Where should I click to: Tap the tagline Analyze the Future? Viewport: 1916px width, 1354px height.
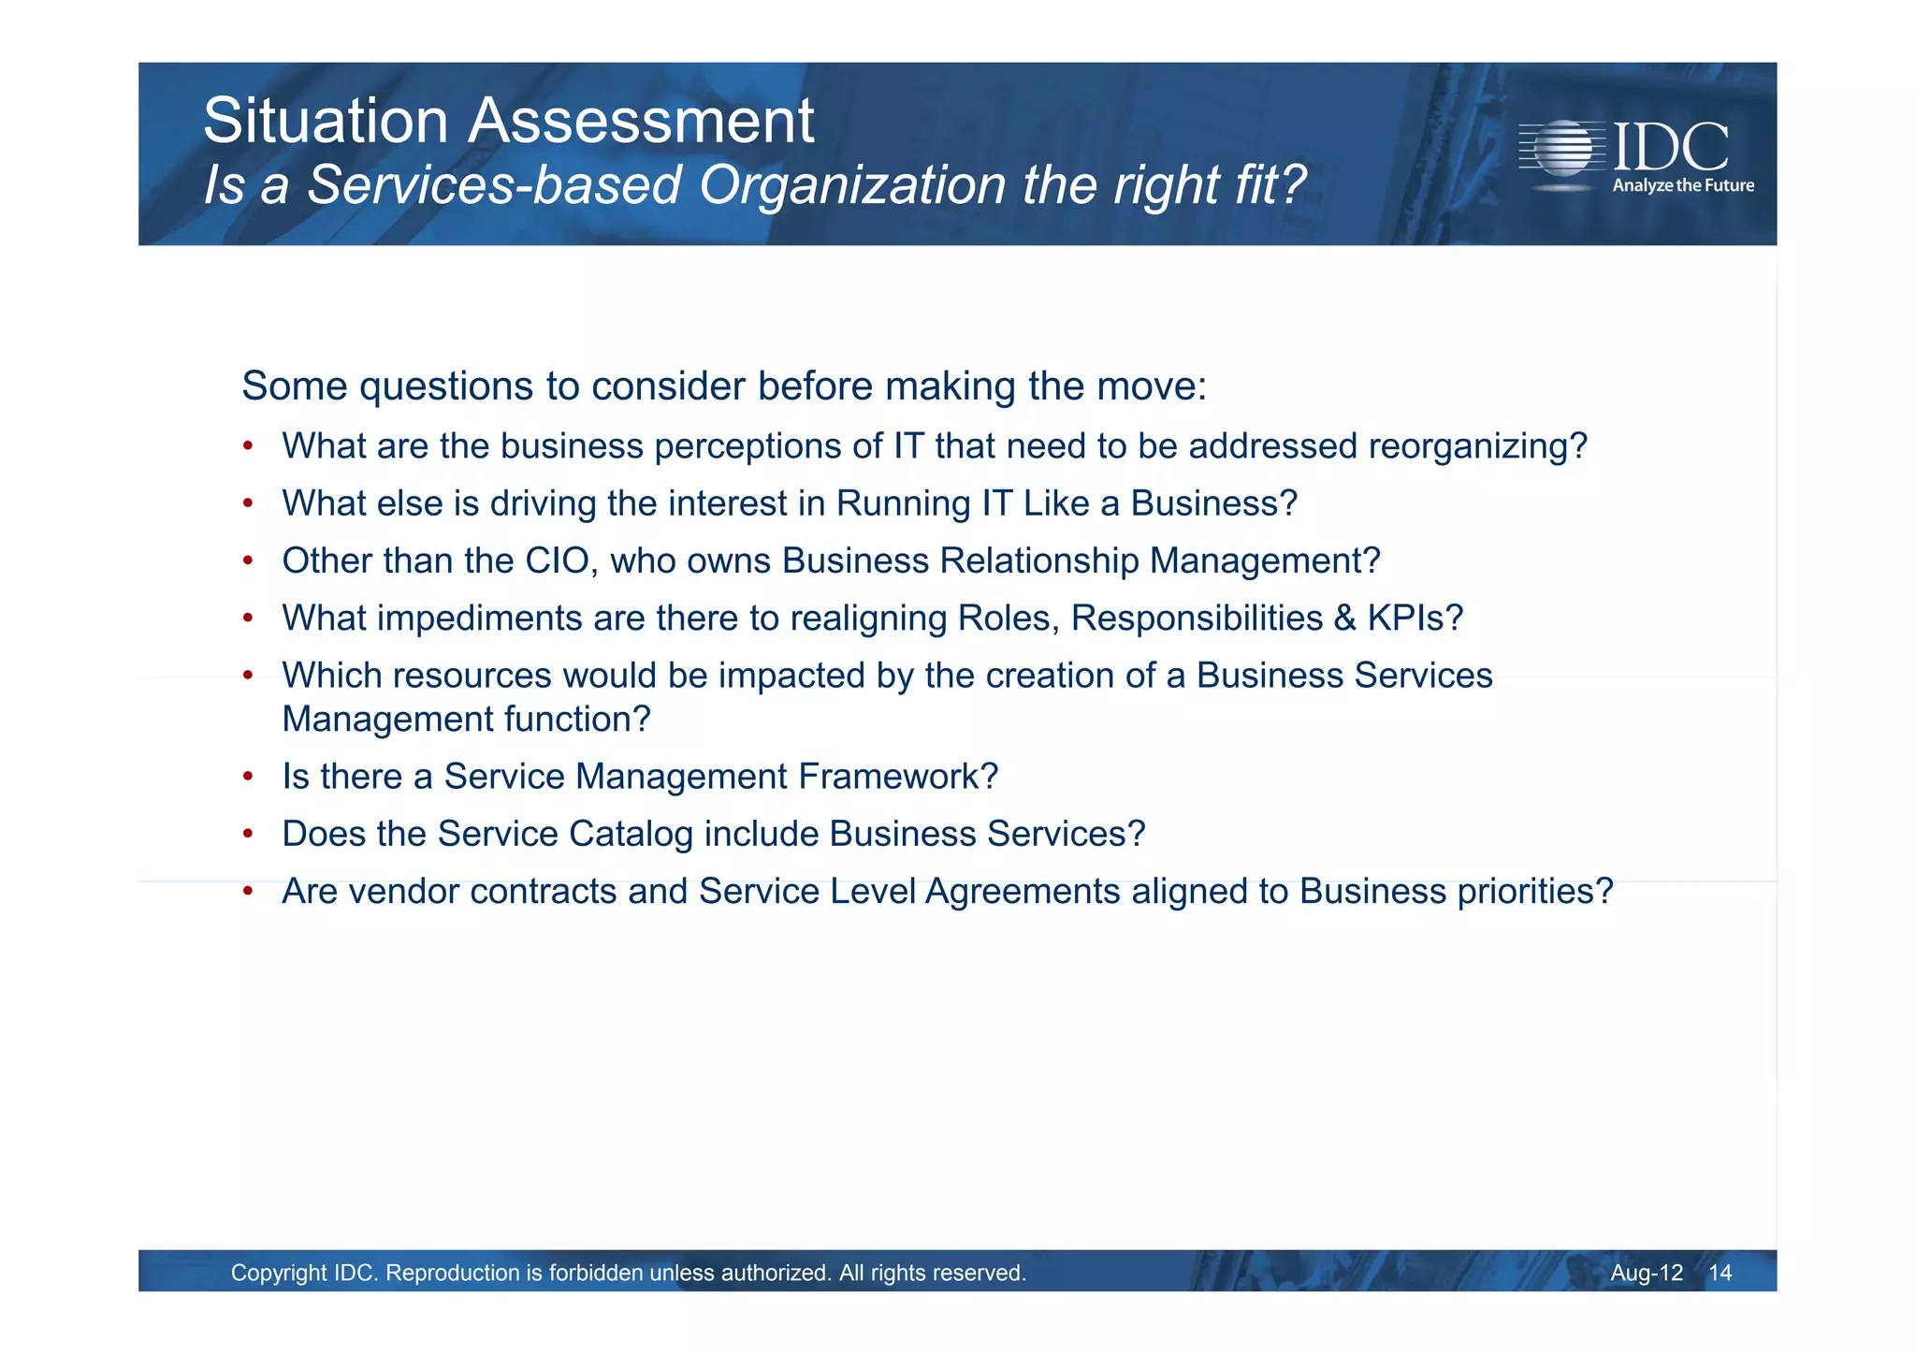click(x=1682, y=185)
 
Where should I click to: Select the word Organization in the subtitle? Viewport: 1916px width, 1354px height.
click(x=851, y=184)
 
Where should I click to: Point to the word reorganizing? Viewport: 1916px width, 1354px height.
click(x=1477, y=446)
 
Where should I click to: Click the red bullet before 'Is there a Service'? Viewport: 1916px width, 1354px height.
click(x=248, y=777)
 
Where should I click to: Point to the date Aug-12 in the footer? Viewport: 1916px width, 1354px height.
click(x=1646, y=1273)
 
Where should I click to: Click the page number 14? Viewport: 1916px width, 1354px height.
click(x=1720, y=1273)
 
